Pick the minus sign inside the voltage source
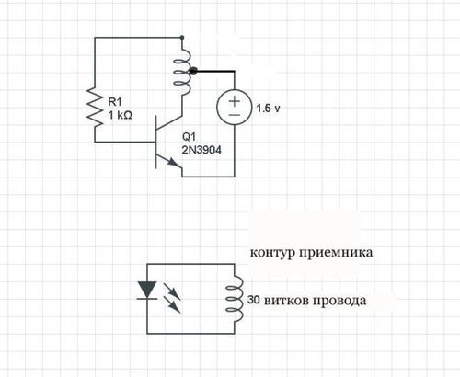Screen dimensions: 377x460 point(235,115)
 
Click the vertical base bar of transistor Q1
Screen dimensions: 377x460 point(156,144)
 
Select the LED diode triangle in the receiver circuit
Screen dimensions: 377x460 point(145,291)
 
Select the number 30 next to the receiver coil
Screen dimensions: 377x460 point(255,301)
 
